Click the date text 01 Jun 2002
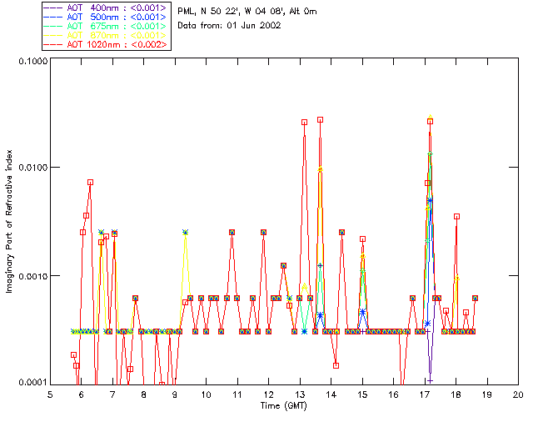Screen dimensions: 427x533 (x=254, y=26)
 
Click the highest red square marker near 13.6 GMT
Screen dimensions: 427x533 (x=320, y=120)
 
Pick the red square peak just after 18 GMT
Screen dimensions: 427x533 (x=457, y=217)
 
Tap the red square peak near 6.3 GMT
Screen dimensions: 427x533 (x=90, y=182)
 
